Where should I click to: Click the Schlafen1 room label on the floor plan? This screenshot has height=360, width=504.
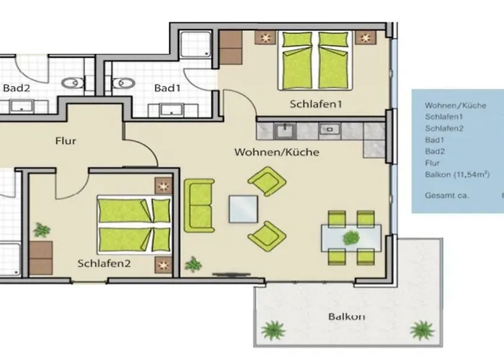315,104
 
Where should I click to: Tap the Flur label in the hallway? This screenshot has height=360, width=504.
66,141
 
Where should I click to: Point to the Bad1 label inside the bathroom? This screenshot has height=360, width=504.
166,88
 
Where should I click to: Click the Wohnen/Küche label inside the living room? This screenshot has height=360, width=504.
276,153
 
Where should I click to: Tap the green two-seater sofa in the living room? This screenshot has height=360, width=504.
199,206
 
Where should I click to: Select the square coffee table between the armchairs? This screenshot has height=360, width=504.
243,210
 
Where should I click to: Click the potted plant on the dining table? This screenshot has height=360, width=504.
351,237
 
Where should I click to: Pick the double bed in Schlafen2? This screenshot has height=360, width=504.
135,225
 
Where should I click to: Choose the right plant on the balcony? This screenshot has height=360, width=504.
422,330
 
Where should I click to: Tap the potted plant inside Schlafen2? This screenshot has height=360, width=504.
42,230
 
